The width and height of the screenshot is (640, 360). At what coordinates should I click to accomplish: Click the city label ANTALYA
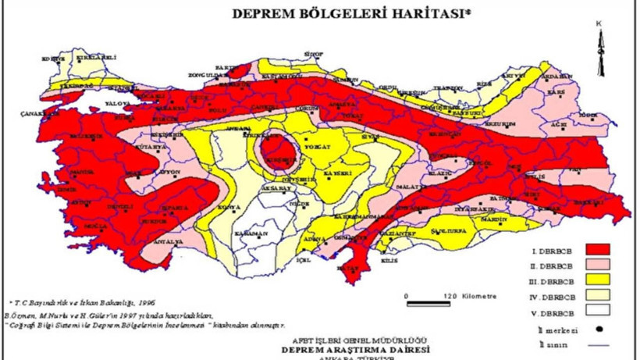click(x=172, y=242)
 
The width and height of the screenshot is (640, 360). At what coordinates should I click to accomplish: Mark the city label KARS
click(x=556, y=92)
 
